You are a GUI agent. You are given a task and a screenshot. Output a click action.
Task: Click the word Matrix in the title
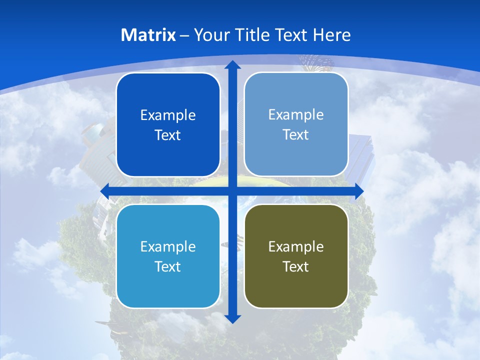point(148,35)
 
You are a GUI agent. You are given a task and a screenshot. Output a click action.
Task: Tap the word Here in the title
point(331,35)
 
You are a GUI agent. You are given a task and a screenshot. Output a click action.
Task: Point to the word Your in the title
point(210,35)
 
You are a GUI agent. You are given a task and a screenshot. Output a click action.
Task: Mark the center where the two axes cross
point(232,191)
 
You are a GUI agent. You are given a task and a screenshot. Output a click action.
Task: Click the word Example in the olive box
point(296,246)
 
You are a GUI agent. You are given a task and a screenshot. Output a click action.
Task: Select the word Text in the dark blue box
point(168,135)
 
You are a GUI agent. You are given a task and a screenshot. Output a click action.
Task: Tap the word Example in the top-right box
point(296,114)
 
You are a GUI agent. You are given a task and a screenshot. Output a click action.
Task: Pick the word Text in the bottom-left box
point(168,266)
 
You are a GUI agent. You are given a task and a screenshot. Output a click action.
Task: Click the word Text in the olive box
point(296,266)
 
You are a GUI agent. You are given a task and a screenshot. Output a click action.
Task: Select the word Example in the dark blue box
point(168,115)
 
